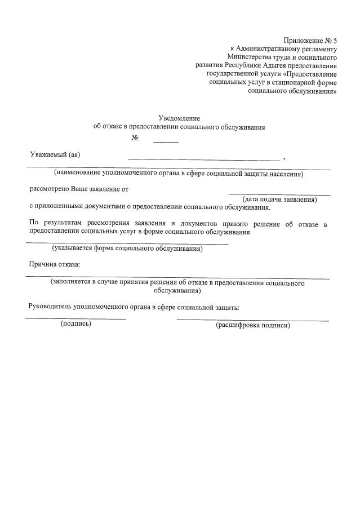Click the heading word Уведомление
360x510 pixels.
pyautogui.click(x=179, y=118)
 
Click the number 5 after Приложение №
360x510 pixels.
pyautogui.click(x=334, y=41)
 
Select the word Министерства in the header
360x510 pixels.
pyautogui.click(x=249, y=57)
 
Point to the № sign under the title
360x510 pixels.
pyautogui.click(x=135, y=138)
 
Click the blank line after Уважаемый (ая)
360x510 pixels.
pyautogui.click(x=203, y=160)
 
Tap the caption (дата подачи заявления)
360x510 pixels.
pyautogui.click(x=279, y=199)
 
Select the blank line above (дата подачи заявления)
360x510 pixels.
pyautogui.click(x=279, y=194)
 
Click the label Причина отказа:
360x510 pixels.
pyautogui.click(x=55, y=264)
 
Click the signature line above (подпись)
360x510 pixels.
pyautogui.click(x=75, y=319)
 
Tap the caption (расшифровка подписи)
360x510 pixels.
pyautogui.click(x=253, y=325)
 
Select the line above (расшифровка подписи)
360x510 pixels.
pyautogui.click(x=253, y=321)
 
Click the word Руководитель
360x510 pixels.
pyautogui.click(x=50, y=307)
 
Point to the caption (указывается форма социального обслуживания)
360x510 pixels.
pyautogui.click(x=127, y=248)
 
